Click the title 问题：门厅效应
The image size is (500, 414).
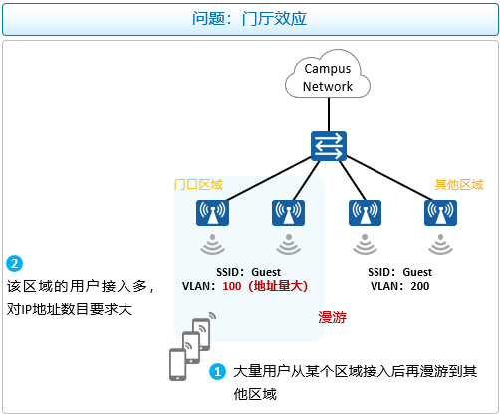coord(249,18)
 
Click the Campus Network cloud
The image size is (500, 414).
coord(328,75)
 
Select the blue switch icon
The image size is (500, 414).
coord(329,146)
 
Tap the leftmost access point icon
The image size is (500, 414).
coord(212,212)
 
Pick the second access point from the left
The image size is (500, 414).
coord(288,212)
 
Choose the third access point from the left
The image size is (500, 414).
coord(365,212)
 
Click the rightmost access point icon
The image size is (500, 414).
coord(440,212)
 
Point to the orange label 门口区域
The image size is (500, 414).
coord(198,184)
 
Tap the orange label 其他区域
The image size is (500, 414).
coord(459,184)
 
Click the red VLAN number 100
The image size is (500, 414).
coord(232,286)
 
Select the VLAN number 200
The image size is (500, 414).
coord(420,286)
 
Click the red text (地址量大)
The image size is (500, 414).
coord(278,286)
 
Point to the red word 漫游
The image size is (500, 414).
coord(332,317)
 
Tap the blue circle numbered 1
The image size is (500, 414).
coord(217,371)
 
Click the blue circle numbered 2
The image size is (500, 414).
coord(14,264)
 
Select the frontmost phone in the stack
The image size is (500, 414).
coord(177,365)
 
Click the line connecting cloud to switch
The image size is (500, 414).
coord(329,114)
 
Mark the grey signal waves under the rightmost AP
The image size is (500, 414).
coord(440,245)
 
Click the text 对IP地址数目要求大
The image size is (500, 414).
coord(70,309)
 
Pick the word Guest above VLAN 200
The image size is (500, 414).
coord(417,272)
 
